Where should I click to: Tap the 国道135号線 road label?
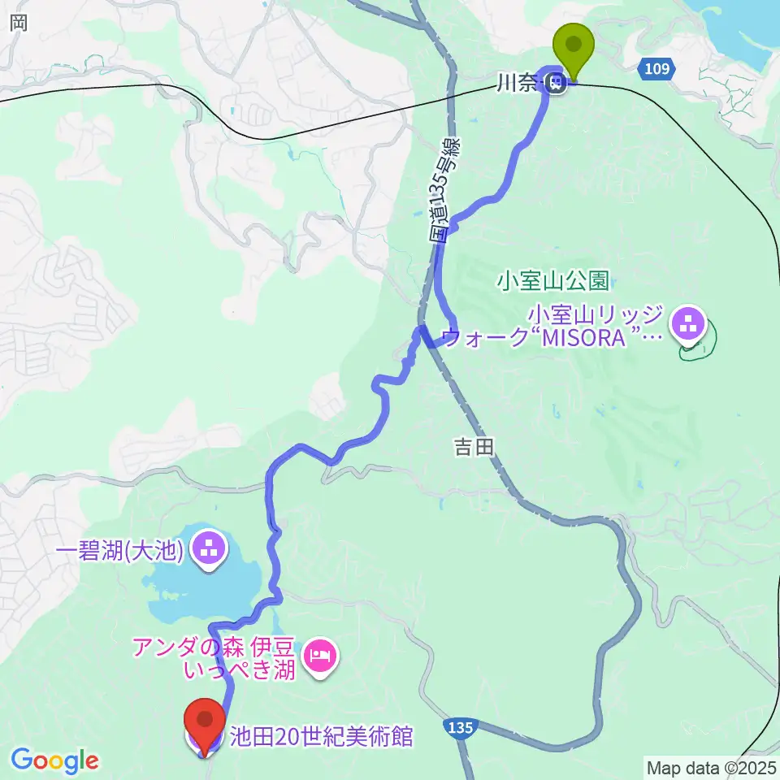coord(446,192)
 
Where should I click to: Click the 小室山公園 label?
coord(553,281)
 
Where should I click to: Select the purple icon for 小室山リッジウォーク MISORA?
coord(689,323)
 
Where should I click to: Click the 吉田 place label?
coord(474,446)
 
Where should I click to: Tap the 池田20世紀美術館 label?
coord(322,737)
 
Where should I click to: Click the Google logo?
coord(54,760)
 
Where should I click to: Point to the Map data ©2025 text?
coord(711,767)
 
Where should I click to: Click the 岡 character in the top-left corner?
coord(19,23)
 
